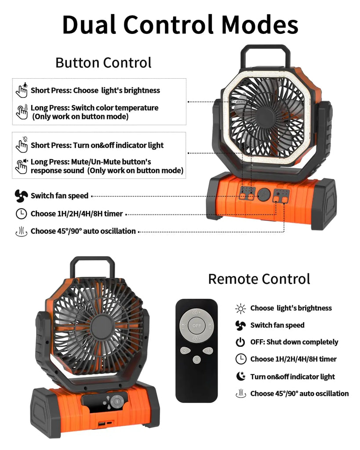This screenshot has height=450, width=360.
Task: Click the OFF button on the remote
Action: (x=196, y=326)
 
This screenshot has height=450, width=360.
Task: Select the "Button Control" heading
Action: (x=103, y=62)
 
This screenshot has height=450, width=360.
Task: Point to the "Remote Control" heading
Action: (x=259, y=279)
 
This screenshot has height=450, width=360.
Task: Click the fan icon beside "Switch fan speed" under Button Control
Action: (x=21, y=196)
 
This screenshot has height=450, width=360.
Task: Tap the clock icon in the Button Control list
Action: (x=21, y=214)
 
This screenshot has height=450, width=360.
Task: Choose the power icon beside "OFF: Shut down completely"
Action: (x=240, y=342)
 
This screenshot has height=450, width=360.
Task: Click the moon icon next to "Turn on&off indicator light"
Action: (x=240, y=376)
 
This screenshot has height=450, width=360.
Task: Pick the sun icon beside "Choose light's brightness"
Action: (x=240, y=308)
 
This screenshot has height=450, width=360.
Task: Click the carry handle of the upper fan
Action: (x=265, y=55)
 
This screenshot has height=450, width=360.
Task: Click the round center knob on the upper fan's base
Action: (x=264, y=195)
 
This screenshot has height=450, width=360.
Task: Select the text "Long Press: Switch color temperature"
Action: (x=94, y=108)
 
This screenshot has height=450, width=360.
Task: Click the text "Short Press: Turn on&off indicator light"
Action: (x=97, y=145)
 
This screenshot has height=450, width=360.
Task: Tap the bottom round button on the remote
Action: (x=196, y=359)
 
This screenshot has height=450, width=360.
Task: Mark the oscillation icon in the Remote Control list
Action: (x=240, y=393)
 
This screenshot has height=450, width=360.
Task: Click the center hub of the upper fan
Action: (x=265, y=115)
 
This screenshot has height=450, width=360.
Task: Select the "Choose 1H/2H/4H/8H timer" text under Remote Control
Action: (x=293, y=359)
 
